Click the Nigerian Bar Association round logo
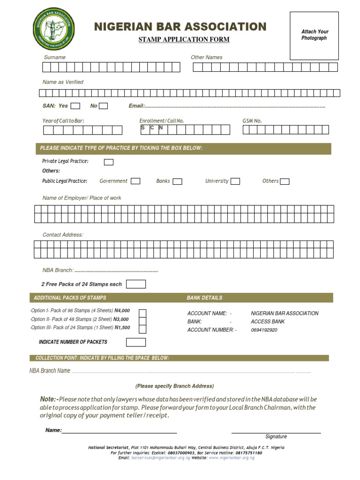coord(54,30)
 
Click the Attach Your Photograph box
coord(315,36)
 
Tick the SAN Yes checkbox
coord(75,106)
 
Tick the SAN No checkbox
coord(103,106)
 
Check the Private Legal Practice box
coord(108,162)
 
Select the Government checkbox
coord(135,181)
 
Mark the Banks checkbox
coord(177,181)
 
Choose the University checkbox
coord(235,181)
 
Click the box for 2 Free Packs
coord(136,284)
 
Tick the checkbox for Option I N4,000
coord(142,313)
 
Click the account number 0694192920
coord(264,330)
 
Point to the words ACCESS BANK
coord(268,322)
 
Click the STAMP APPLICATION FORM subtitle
coord(184,39)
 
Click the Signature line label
coord(276,436)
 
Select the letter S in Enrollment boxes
coord(142,127)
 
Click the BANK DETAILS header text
coord(204,298)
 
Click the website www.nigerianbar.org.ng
coord(232,458)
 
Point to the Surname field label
coord(55,57)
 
